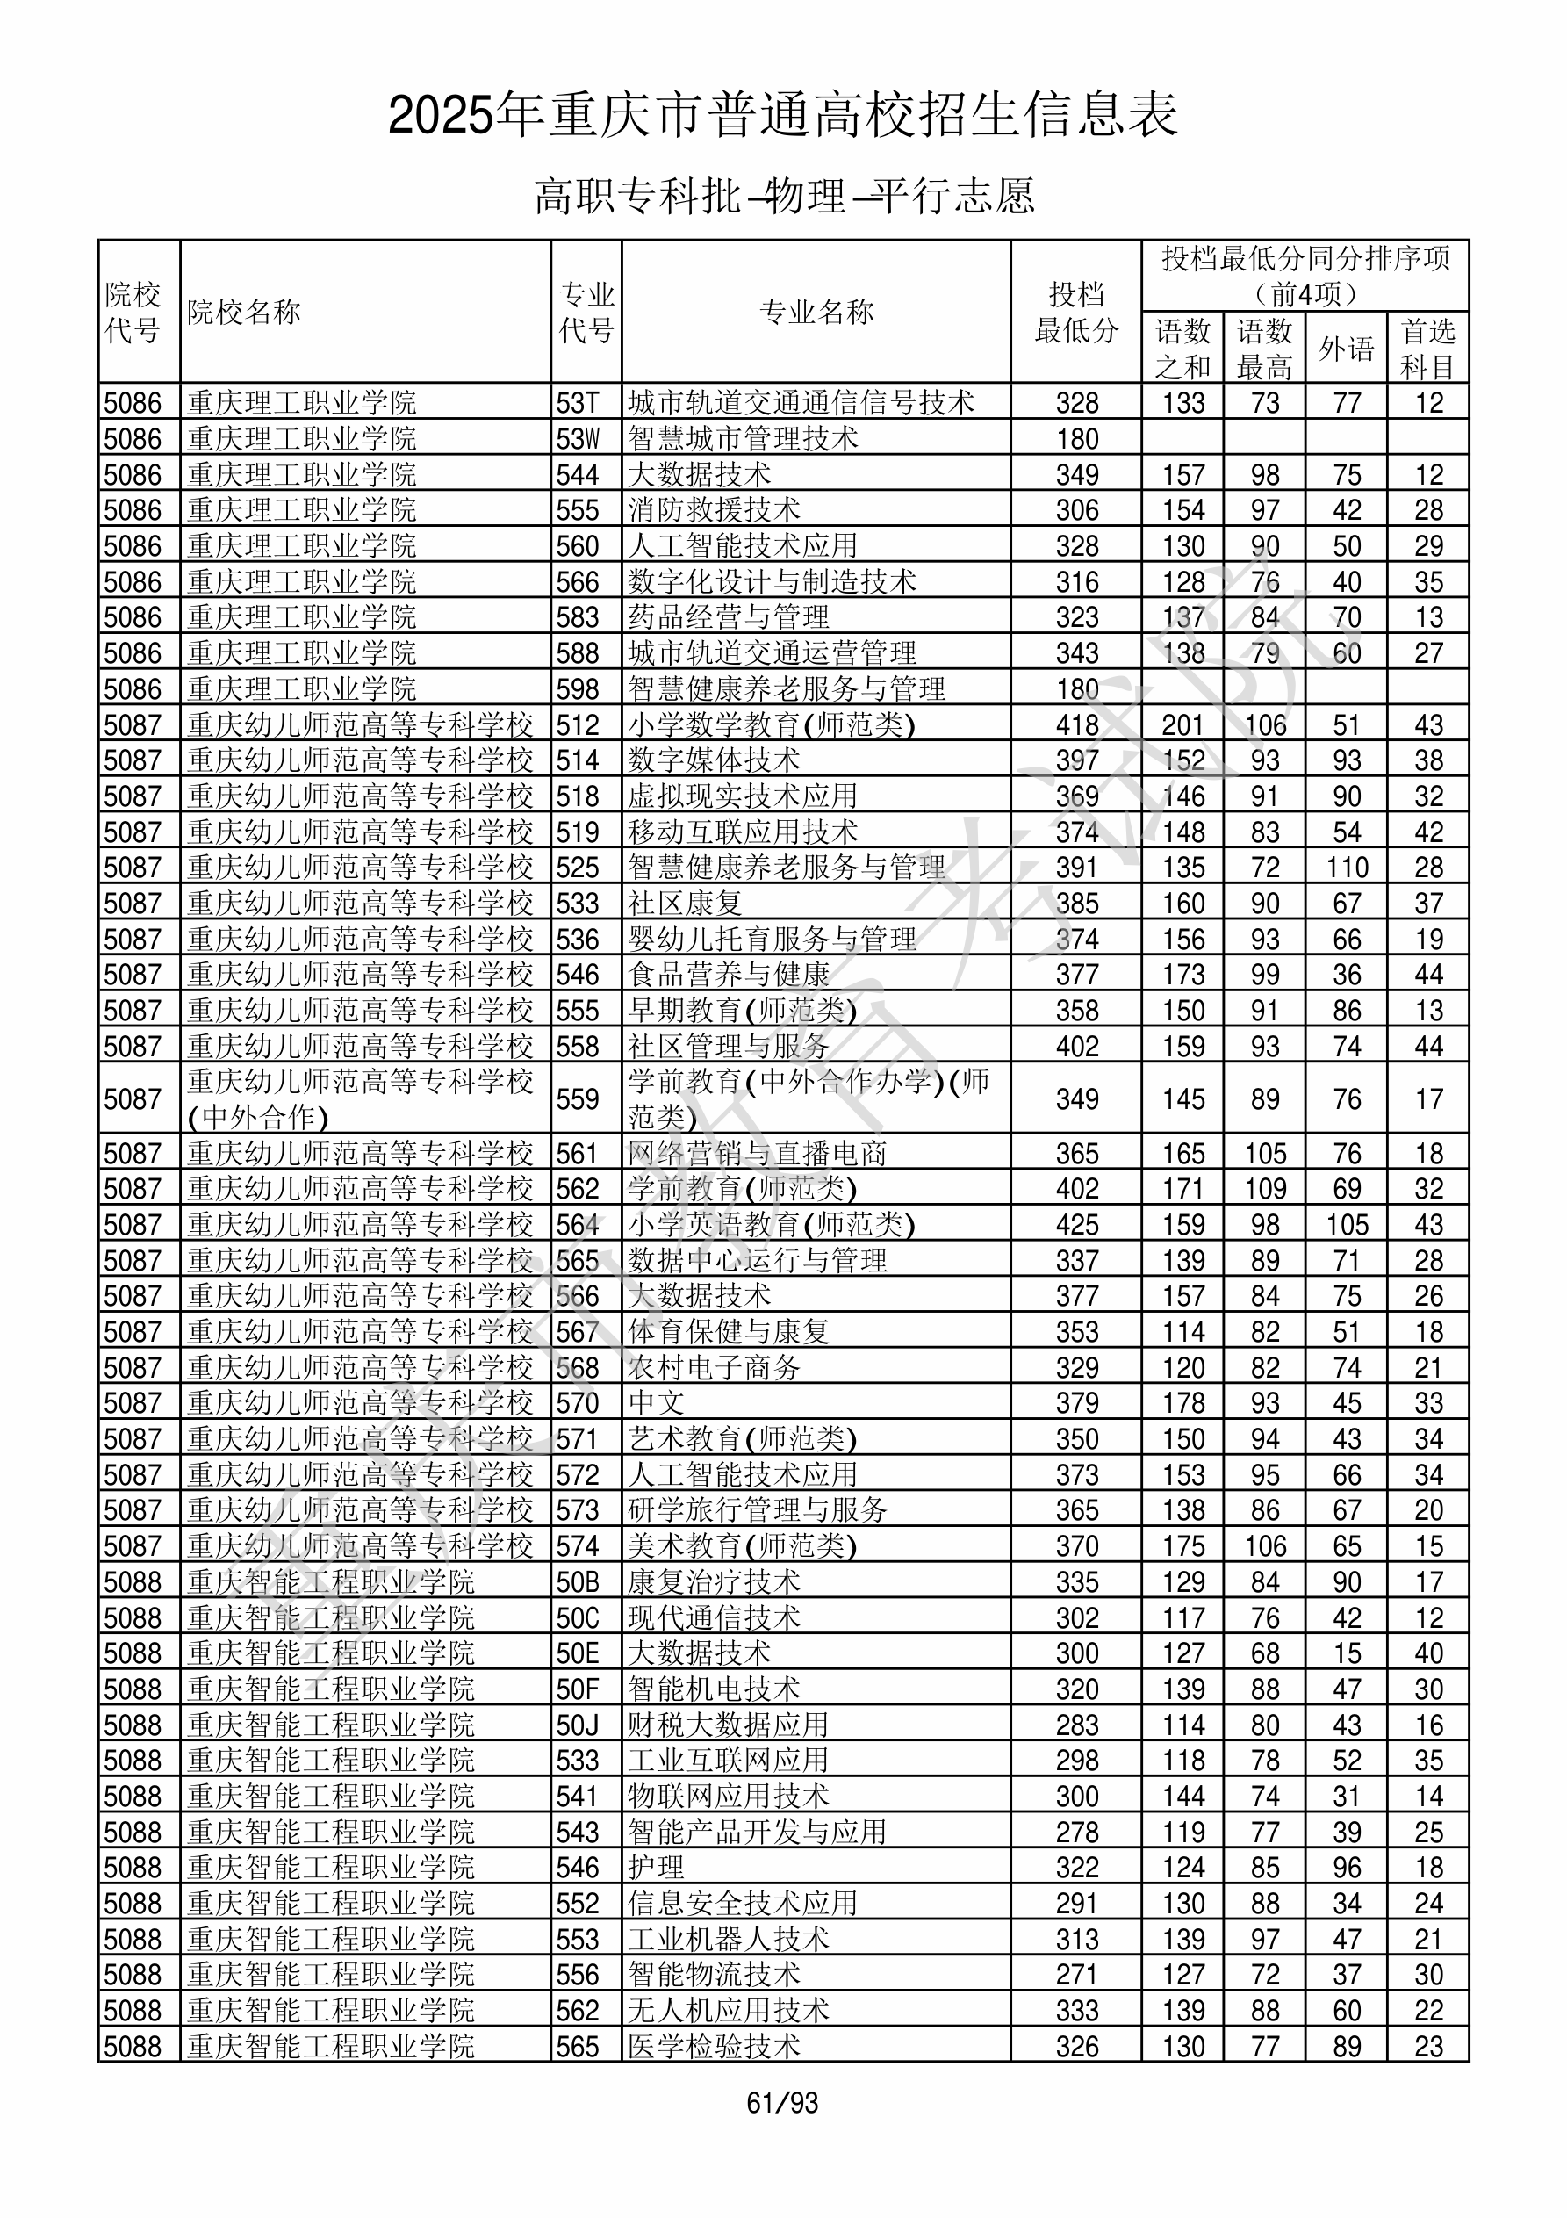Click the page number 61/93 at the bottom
[782, 2103]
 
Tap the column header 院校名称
[244, 312]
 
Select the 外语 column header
[1346, 349]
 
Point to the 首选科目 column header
[1428, 349]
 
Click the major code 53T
[578, 403]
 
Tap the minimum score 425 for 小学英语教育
[1076, 1225]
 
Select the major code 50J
[578, 1725]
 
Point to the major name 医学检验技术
[714, 2047]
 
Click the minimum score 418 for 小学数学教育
[1076, 724]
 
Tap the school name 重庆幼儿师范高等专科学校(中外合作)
[359, 1098]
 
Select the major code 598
[578, 688]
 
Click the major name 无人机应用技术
[729, 2012]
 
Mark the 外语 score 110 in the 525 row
[1347, 868]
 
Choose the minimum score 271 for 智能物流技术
[1076, 1976]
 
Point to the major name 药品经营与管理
[729, 617]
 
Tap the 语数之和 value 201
[1182, 724]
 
